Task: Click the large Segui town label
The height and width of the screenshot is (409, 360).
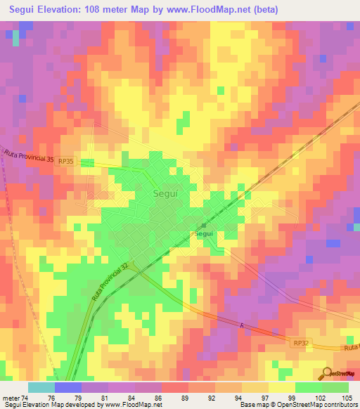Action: (166, 192)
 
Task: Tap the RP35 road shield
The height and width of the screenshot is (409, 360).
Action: (65, 160)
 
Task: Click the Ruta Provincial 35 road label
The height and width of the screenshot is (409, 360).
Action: (29, 156)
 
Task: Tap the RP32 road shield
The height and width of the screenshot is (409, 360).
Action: (300, 342)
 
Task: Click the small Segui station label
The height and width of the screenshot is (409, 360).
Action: (203, 233)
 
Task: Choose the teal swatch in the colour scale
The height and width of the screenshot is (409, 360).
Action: (41, 387)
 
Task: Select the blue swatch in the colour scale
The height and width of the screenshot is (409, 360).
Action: (67, 387)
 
